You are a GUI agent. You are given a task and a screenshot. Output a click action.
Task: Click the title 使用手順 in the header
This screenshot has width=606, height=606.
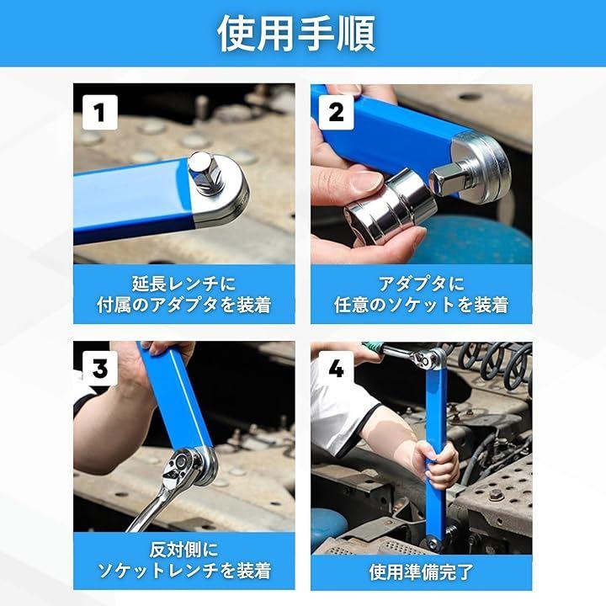[x=296, y=34]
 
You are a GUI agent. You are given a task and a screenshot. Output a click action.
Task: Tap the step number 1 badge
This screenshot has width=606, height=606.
[x=99, y=113]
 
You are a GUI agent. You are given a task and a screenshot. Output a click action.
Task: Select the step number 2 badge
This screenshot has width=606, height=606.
[x=336, y=113]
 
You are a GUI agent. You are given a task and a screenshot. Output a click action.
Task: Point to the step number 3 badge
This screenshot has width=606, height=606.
[x=99, y=369]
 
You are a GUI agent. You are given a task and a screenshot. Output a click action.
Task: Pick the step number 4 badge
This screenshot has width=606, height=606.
[x=336, y=369]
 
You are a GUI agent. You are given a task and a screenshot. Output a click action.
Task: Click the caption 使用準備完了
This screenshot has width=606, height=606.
[x=421, y=572]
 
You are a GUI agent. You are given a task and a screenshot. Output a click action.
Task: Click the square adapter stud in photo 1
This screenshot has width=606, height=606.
[x=206, y=173]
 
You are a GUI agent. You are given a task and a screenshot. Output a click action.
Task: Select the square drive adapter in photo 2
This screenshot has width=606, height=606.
[x=452, y=178]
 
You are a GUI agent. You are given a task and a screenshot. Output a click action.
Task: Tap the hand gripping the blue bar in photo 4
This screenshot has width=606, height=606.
[x=439, y=464]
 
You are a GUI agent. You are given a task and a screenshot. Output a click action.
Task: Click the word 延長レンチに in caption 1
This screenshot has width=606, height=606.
[x=184, y=284]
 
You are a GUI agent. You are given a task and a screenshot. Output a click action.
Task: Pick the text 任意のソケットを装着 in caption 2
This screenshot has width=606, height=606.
[x=421, y=305]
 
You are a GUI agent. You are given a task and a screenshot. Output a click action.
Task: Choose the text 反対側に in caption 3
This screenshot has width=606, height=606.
[x=184, y=550]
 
